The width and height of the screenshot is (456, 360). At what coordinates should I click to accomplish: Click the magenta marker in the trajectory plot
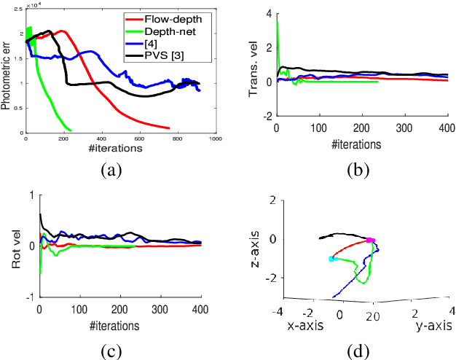point(370,240)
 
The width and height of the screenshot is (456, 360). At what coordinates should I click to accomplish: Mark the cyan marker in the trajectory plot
point(332,259)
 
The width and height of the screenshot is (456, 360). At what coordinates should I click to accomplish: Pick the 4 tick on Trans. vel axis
point(268,14)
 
